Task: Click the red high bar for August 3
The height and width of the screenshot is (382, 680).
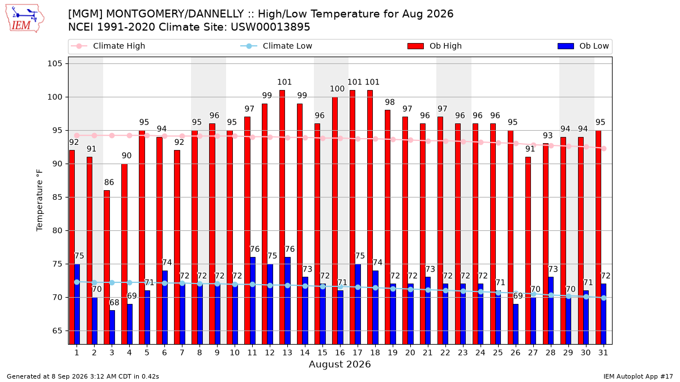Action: coord(107,267)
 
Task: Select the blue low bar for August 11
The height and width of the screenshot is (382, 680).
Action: coord(253,301)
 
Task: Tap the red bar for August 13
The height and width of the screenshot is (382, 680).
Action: coord(282,217)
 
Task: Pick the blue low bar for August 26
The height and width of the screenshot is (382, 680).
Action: coord(516,324)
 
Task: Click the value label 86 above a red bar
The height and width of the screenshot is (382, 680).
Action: coord(109,182)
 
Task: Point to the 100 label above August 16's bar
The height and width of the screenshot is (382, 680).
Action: coord(337,89)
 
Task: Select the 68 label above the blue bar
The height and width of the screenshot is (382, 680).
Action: coord(114,302)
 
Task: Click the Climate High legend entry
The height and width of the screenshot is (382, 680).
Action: coord(108,46)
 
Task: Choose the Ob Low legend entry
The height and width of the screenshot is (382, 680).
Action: coord(583,46)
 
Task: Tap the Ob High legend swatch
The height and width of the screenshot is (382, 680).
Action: coord(415,46)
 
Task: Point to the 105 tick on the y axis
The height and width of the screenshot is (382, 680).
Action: coord(54,63)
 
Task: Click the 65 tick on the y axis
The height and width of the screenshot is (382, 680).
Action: coord(57,331)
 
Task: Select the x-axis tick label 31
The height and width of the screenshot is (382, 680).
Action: coord(603,353)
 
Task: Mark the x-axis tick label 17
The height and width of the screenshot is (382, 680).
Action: coord(358,353)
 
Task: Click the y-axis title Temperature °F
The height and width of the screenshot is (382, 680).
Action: coord(40,200)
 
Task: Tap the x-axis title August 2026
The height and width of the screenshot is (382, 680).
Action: coord(340,364)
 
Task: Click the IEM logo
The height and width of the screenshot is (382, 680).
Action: coord(24,19)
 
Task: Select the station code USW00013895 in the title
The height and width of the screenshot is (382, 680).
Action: coord(270,27)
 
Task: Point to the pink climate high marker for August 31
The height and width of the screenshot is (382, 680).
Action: coord(604,148)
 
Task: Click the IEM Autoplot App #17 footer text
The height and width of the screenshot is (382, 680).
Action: coord(638,376)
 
